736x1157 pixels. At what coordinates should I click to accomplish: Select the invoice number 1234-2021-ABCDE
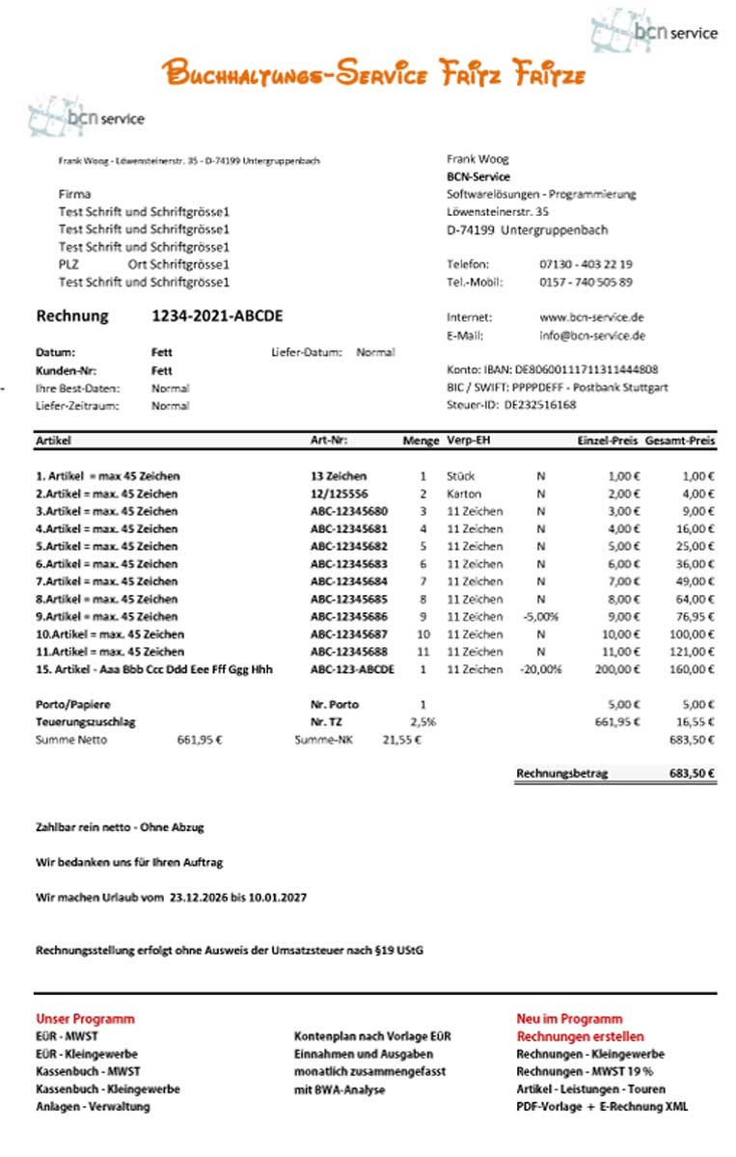[x=217, y=316]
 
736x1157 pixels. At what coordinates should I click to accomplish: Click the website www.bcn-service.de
[x=591, y=317]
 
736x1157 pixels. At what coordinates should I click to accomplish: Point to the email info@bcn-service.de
[x=592, y=336]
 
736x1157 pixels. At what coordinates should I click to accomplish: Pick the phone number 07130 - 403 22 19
[x=586, y=264]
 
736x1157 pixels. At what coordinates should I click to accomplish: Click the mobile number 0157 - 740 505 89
[x=586, y=283]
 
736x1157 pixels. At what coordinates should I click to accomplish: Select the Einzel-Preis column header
[x=607, y=441]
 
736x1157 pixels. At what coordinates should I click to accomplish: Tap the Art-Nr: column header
[x=329, y=441]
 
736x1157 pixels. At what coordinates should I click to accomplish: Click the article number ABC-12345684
[x=348, y=581]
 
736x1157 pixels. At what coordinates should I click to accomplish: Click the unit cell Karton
[x=464, y=494]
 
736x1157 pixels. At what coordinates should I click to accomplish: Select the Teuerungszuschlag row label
[x=85, y=721]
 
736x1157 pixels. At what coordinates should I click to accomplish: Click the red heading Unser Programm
[x=85, y=1018]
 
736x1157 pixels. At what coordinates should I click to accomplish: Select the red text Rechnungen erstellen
[x=580, y=1036]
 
